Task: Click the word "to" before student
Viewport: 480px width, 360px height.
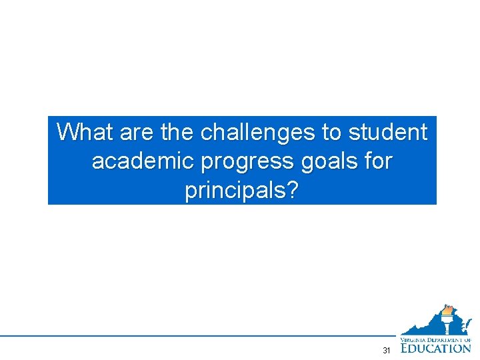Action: [332, 132]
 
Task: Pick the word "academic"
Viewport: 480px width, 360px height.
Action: [141, 161]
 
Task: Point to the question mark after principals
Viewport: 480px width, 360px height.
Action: [292, 191]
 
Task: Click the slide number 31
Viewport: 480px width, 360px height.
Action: [387, 351]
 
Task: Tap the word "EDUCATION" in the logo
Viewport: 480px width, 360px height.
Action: [436, 347]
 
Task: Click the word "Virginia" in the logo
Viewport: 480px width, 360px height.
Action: [414, 339]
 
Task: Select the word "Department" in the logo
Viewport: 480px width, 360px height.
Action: [447, 339]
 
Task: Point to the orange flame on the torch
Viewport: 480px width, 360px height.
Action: [447, 310]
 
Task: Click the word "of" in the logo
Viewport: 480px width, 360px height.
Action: [467, 339]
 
